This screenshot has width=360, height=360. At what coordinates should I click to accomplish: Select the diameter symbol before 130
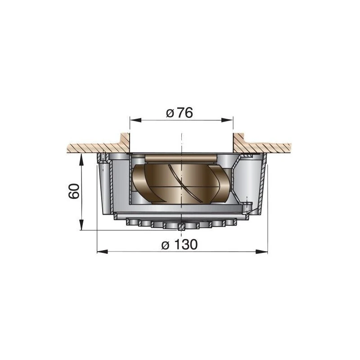(x=165, y=246)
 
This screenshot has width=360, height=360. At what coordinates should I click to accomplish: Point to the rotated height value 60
(x=75, y=191)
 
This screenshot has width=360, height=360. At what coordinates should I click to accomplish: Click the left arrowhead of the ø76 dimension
(x=134, y=120)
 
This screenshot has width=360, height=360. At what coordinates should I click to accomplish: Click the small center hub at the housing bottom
(x=180, y=227)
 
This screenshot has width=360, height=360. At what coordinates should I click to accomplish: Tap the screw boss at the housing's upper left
(x=103, y=158)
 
